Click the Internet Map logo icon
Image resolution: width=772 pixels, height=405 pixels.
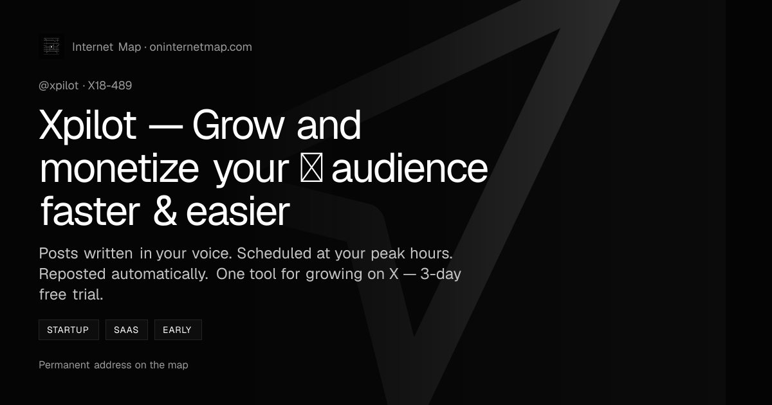click(51, 46)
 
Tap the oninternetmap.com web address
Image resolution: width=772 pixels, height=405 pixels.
click(201, 47)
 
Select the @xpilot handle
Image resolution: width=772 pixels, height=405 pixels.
click(59, 85)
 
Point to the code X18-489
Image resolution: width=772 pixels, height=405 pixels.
click(109, 85)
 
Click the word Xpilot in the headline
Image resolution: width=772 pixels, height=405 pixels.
click(88, 125)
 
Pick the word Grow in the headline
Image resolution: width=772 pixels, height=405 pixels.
click(239, 125)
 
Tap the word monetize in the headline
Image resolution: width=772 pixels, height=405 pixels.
click(119, 168)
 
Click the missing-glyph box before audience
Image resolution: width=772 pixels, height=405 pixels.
click(311, 168)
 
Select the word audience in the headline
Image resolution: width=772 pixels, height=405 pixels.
click(409, 168)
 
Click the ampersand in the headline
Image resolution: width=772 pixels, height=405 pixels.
click(165, 212)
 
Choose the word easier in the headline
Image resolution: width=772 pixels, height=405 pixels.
click(238, 212)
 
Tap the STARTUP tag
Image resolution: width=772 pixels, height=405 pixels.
click(69, 330)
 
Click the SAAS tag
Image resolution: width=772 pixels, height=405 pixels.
click(127, 330)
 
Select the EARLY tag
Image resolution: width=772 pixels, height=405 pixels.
click(178, 330)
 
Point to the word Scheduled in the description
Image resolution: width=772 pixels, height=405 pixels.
click(274, 253)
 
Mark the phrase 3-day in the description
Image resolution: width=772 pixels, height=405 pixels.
click(441, 274)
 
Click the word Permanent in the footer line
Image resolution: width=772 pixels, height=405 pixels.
click(64, 364)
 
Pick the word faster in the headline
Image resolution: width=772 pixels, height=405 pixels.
click(90, 212)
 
